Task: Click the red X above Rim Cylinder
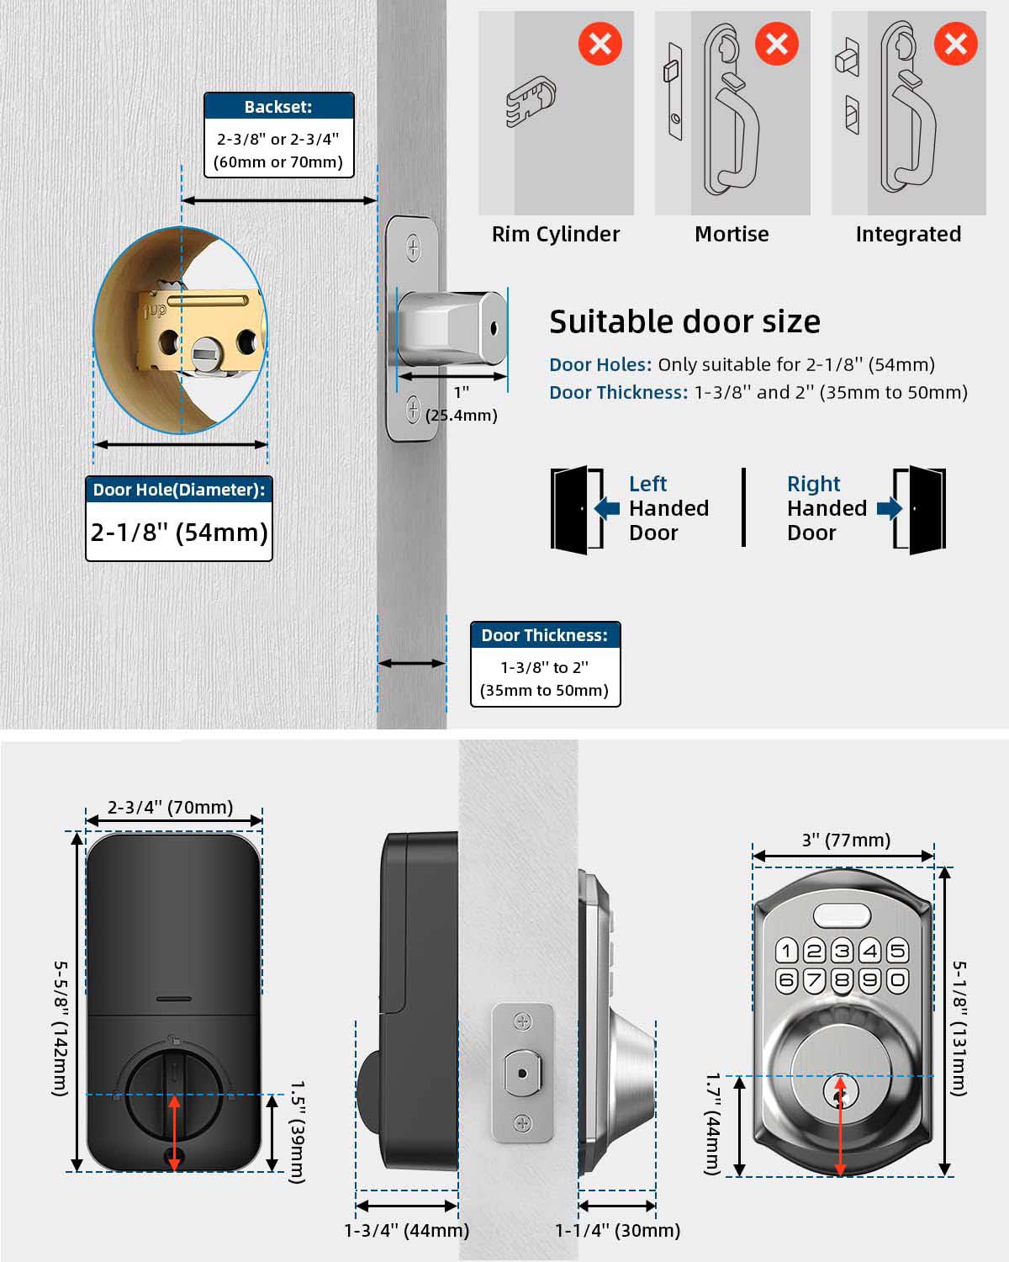click(x=600, y=44)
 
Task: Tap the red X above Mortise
click(x=777, y=44)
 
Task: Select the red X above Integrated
click(x=956, y=44)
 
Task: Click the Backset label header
click(x=278, y=107)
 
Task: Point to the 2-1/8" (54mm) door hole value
click(x=179, y=532)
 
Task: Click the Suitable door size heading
click(x=684, y=321)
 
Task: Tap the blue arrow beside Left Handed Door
click(x=607, y=508)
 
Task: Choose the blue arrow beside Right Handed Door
click(x=890, y=508)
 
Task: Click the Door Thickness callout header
click(x=545, y=635)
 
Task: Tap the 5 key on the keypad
click(x=897, y=951)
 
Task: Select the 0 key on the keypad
click(x=897, y=980)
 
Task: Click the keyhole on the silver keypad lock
click(x=840, y=1094)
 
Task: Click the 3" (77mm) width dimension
click(x=846, y=840)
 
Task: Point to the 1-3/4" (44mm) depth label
click(x=406, y=1230)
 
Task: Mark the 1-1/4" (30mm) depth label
click(x=618, y=1230)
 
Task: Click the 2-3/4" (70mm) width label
click(x=170, y=807)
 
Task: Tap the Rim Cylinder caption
click(x=555, y=234)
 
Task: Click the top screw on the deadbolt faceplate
click(x=414, y=247)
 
